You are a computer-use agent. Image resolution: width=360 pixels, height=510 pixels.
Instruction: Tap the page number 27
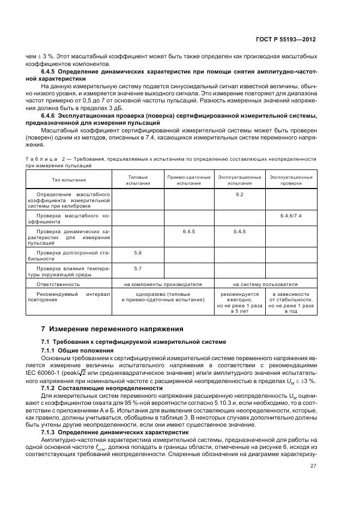pyautogui.click(x=313, y=465)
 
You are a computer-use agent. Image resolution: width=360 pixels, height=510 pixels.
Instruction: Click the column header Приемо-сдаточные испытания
pyautogui.click(x=188, y=180)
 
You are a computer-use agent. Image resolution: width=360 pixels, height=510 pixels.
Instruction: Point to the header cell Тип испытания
pyautogui.click(x=68, y=180)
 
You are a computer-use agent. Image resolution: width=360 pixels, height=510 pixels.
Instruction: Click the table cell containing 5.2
pyautogui.click(x=240, y=195)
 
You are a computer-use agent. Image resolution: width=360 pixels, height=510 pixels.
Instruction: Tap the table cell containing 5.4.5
pyautogui.click(x=240, y=232)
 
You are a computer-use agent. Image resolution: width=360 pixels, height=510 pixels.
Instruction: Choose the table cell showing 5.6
pyautogui.click(x=138, y=253)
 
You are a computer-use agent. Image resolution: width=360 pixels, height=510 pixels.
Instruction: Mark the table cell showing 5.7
pyautogui.click(x=138, y=269)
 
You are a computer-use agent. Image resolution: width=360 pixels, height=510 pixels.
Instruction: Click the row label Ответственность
pyautogui.click(x=58, y=284)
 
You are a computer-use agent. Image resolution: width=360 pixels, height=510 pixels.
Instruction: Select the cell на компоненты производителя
pyautogui.click(x=163, y=284)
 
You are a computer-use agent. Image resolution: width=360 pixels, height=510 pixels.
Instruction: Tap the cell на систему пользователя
pyautogui.click(x=265, y=284)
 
